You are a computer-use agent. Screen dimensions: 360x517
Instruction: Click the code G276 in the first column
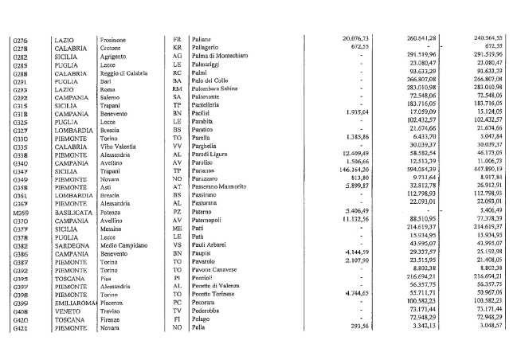pos(21,38)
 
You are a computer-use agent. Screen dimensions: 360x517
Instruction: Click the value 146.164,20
pos(347,170)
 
